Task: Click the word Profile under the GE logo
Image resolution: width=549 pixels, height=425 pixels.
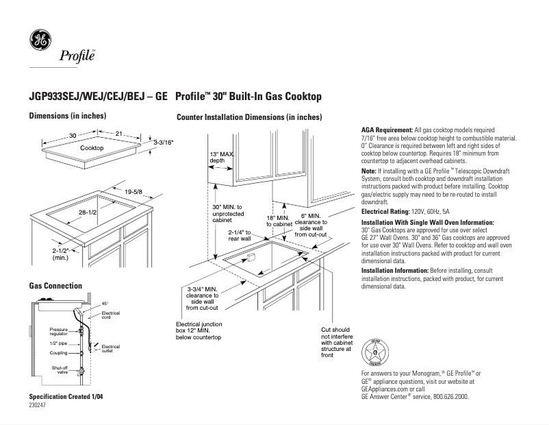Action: (77, 56)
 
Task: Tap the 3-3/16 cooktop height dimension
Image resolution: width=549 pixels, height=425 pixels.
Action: (163, 142)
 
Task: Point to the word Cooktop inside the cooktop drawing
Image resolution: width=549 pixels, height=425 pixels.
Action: (92, 148)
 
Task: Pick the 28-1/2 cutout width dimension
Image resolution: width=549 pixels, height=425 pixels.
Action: (86, 214)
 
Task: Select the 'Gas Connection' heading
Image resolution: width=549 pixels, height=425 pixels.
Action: (55, 285)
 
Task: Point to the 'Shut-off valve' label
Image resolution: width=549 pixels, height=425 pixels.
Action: (60, 370)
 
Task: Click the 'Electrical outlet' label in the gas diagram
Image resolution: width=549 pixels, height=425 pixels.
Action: (110, 349)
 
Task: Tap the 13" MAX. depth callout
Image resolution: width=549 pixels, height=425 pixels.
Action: (221, 158)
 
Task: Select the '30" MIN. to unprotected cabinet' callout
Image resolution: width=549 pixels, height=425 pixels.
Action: (227, 214)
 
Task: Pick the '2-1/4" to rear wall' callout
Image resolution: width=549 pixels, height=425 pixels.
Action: (242, 235)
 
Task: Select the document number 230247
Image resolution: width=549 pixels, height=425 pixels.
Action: (38, 405)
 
